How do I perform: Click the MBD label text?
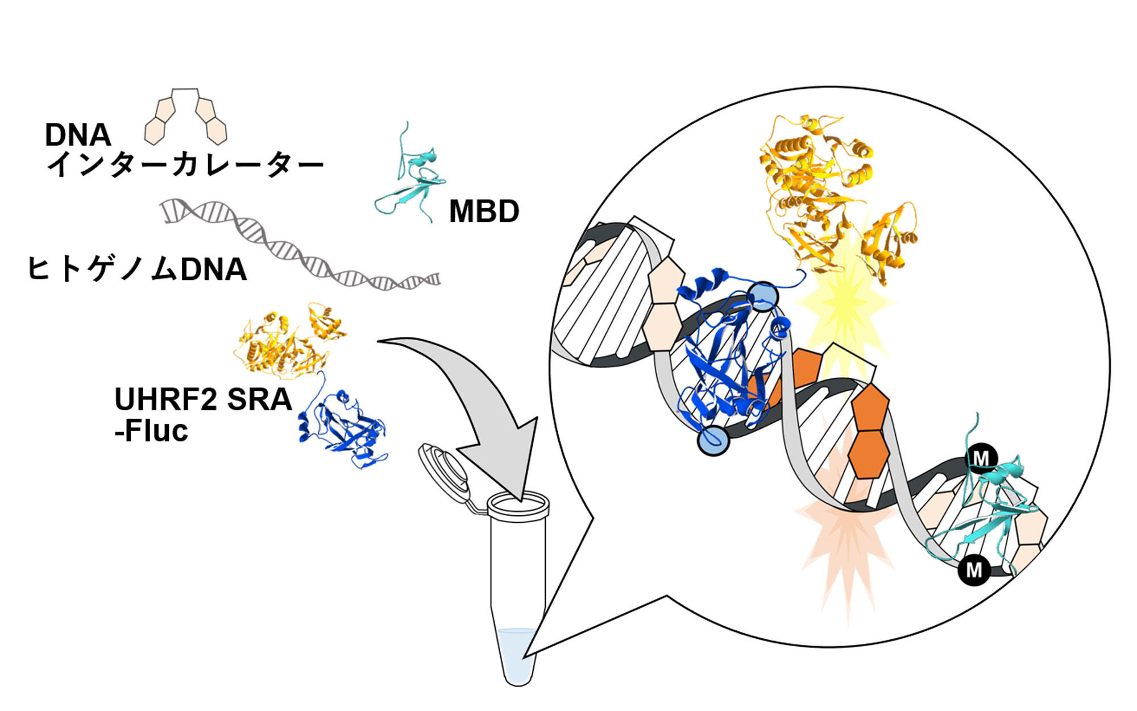(484, 212)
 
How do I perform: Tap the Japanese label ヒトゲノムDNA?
(137, 269)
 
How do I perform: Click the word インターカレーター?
(185, 164)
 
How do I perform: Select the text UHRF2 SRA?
(203, 399)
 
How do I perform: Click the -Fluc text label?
(151, 431)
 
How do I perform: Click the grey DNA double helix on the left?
(301, 245)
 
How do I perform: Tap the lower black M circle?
(974, 569)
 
